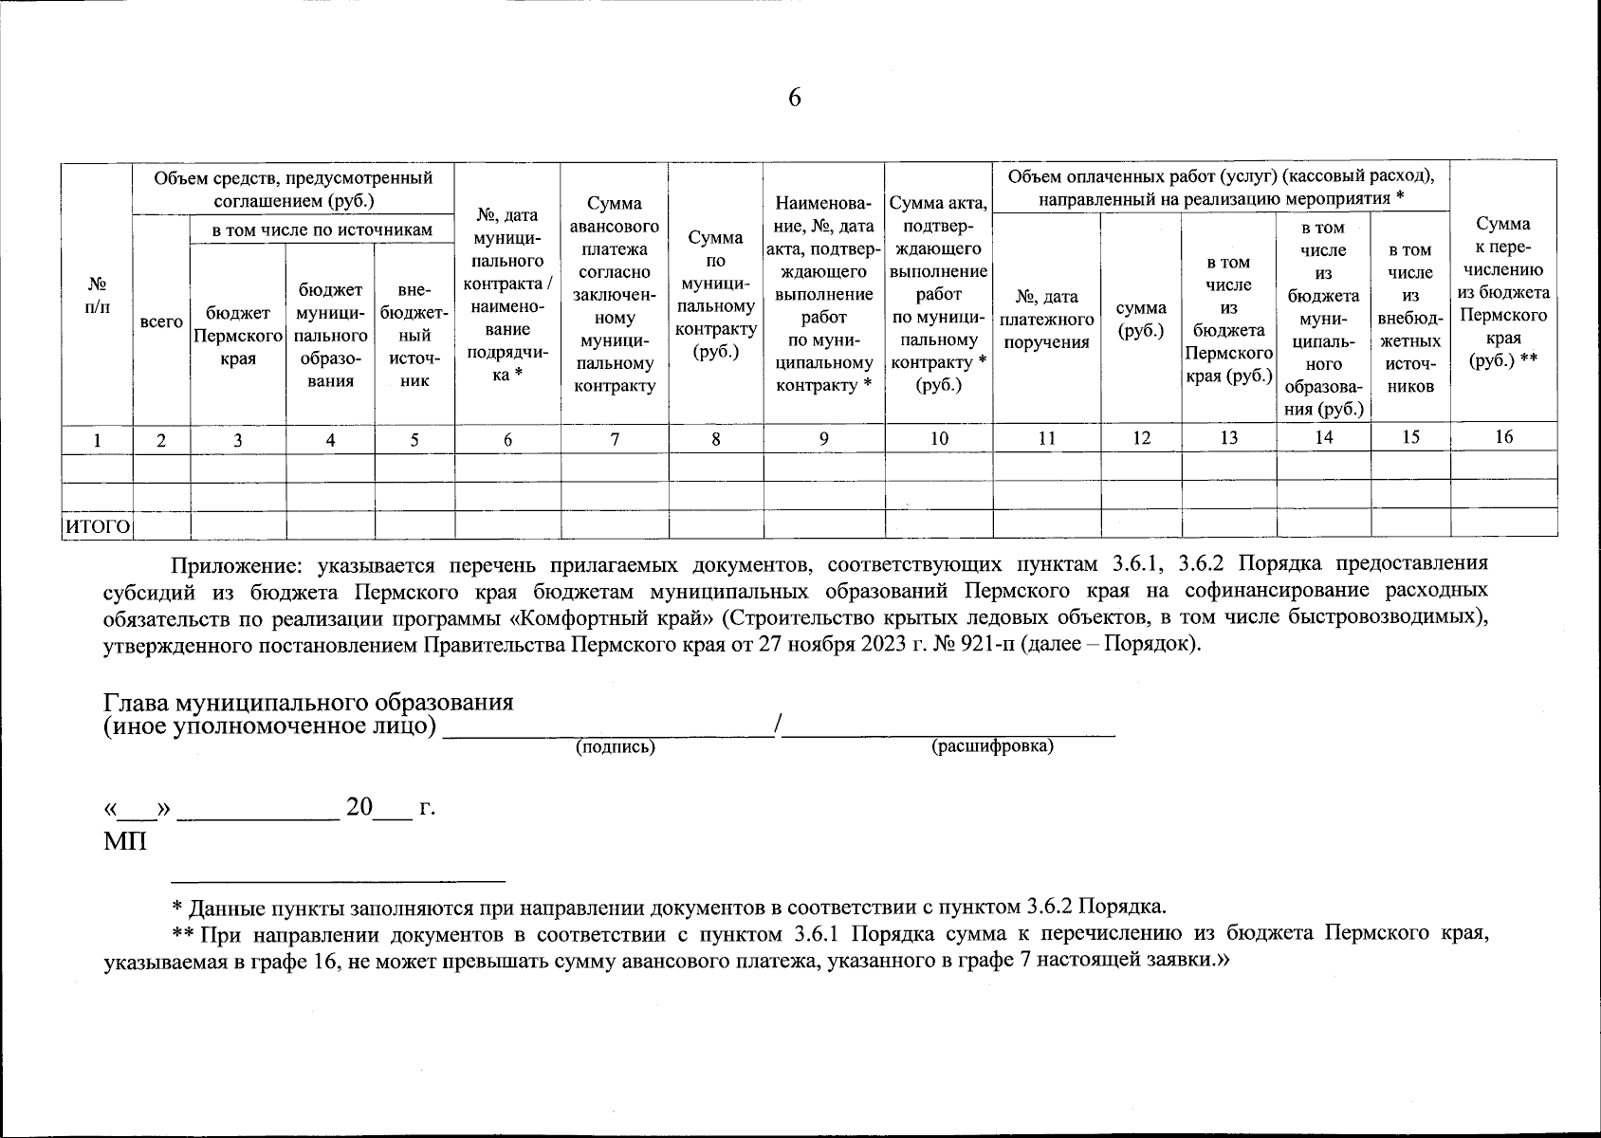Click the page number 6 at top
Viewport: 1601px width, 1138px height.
pyautogui.click(x=794, y=98)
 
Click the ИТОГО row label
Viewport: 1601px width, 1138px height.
pyautogui.click(x=97, y=525)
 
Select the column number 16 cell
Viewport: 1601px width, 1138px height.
pyautogui.click(x=1503, y=436)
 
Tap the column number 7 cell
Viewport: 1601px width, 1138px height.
pyautogui.click(x=615, y=438)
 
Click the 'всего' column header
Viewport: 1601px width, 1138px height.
pyautogui.click(x=161, y=322)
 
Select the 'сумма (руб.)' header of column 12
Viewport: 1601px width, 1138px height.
pyautogui.click(x=1141, y=321)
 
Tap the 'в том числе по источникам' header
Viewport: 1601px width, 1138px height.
pyautogui.click(x=322, y=229)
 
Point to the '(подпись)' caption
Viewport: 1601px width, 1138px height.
pyautogui.click(x=616, y=747)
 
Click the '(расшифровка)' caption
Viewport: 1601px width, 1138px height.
pyautogui.click(x=992, y=746)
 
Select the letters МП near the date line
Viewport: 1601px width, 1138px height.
pyautogui.click(x=124, y=840)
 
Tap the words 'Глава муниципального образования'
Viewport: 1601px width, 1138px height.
pyautogui.click(x=308, y=703)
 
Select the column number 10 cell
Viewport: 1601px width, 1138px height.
pyautogui.click(x=939, y=438)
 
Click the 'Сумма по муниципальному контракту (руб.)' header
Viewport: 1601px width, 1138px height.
pyautogui.click(x=715, y=294)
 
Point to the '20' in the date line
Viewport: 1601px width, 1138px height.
pyautogui.click(x=359, y=808)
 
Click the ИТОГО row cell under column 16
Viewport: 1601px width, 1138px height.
pyautogui.click(x=1503, y=523)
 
